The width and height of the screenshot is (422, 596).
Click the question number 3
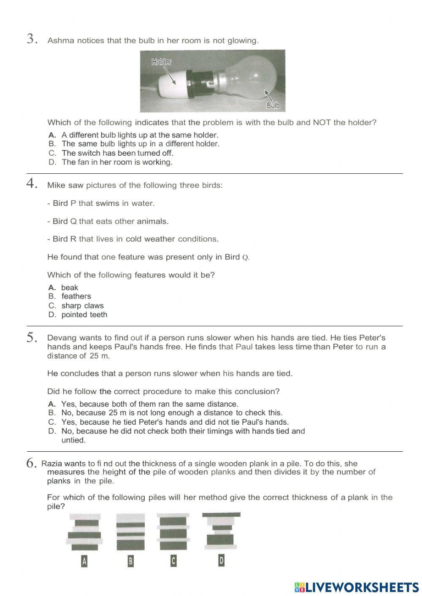tap(32, 39)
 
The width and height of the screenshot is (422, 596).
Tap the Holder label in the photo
tap(162, 62)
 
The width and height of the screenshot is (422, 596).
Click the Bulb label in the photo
tap(273, 105)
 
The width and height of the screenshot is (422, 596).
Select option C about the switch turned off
tap(117, 153)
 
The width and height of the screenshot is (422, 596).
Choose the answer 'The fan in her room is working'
tap(116, 162)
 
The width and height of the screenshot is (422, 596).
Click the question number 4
tap(32, 184)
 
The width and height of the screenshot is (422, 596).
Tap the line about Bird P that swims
tap(101, 203)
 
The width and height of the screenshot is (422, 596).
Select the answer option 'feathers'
tap(76, 297)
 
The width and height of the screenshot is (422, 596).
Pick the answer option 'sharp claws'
tap(82, 306)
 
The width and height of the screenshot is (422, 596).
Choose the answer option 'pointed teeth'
tap(84, 315)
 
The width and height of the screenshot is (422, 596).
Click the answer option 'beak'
tap(70, 288)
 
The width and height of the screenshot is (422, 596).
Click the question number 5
tap(32, 337)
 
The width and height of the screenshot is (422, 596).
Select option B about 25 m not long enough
tap(171, 413)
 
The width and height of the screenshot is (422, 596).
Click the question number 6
tap(32, 463)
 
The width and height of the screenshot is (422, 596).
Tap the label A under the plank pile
tap(84, 561)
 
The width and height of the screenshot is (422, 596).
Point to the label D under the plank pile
tap(221, 560)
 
